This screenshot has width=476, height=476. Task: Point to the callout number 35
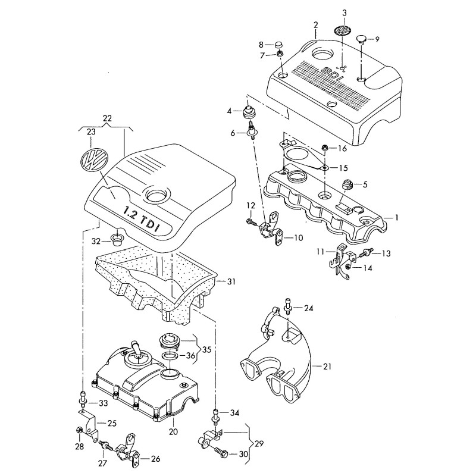[206, 349]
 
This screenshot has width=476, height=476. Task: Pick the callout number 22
[108, 118]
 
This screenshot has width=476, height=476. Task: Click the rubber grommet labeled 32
[117, 240]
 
